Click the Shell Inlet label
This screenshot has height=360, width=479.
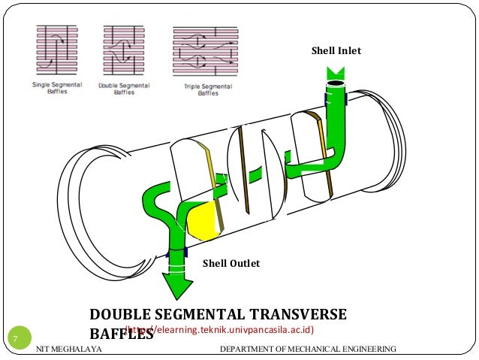coord(336,51)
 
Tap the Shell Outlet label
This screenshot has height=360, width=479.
coord(231,263)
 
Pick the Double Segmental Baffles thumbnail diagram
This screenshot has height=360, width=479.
coord(124,51)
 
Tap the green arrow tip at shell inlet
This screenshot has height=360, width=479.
coord(335,74)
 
